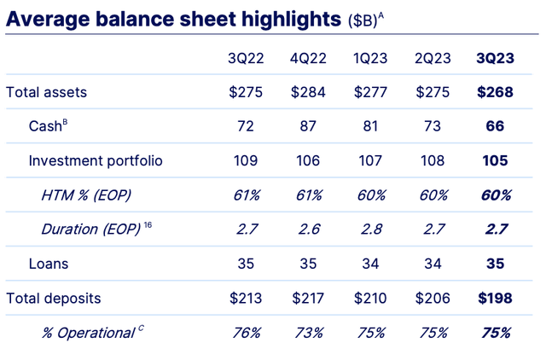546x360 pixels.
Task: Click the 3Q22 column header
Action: point(246,58)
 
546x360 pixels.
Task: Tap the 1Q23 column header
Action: point(370,58)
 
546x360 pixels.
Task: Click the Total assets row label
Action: point(46,92)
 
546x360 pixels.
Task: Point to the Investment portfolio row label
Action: point(95,160)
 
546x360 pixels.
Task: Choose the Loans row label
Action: point(48,264)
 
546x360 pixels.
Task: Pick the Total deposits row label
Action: point(53,299)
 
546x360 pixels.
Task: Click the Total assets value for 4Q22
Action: point(308,92)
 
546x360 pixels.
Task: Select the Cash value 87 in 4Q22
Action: point(308,126)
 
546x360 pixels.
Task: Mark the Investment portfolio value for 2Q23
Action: point(431,160)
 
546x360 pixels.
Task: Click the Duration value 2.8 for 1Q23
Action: point(370,229)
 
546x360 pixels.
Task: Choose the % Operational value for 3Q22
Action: point(246,333)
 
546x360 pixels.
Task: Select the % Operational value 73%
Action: point(308,333)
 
